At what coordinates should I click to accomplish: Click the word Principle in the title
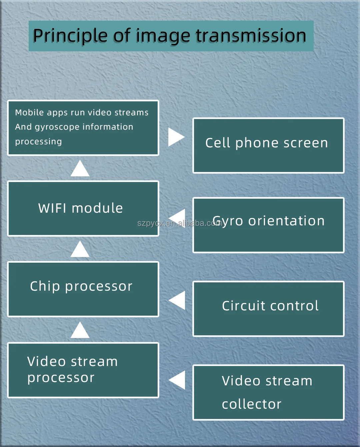[70, 36]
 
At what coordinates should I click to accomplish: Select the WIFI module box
[83, 209]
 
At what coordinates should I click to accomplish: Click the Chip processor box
[83, 289]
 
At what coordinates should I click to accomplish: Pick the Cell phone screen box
[268, 146]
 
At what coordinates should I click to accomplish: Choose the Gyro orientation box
[268, 225]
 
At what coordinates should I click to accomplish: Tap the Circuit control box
[268, 309]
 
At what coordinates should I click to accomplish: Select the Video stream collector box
[268, 392]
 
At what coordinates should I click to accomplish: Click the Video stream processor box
[83, 370]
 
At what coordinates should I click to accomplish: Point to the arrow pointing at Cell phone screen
[176, 137]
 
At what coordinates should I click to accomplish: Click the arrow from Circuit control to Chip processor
[177, 300]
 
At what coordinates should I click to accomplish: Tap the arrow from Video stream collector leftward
[177, 380]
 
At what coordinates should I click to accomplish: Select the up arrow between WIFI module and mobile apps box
[80, 169]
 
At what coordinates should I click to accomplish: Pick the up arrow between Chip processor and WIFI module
[80, 250]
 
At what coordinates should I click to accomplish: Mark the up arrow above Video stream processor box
[80, 330]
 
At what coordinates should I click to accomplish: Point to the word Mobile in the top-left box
[29, 113]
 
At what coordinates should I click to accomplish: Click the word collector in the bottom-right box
[252, 404]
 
